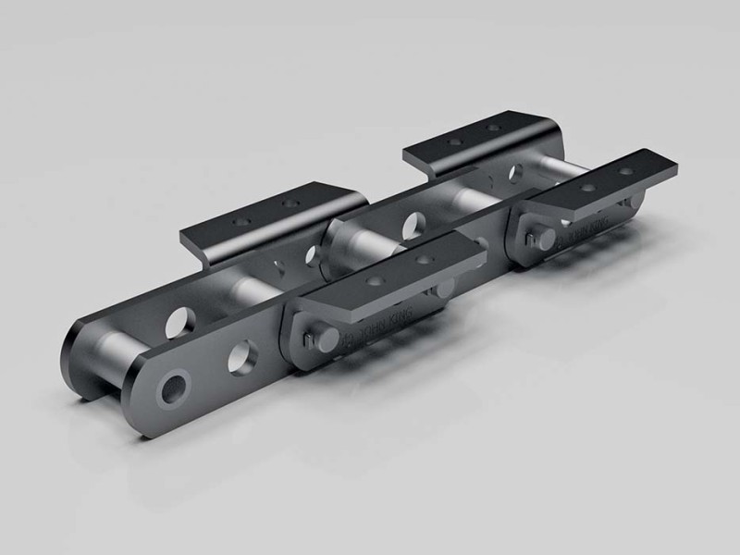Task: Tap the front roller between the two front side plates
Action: coord(116,351)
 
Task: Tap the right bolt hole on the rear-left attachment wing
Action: coord(494,129)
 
